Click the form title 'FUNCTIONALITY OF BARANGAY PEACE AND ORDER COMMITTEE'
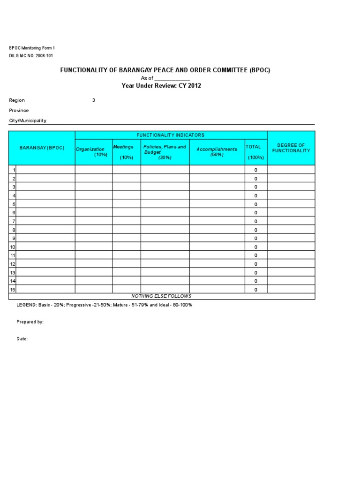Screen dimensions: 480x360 [165, 70]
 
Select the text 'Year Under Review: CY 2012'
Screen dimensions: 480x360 [161, 86]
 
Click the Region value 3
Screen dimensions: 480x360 [94, 100]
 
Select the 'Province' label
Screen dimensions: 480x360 [19, 111]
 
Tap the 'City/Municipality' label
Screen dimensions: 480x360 [28, 121]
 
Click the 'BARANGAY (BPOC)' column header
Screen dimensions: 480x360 [42, 148]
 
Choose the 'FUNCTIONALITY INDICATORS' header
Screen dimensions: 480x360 [171, 135]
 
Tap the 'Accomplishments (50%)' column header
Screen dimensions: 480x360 [217, 152]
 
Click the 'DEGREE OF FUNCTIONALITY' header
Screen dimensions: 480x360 [291, 148]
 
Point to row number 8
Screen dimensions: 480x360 [14, 230]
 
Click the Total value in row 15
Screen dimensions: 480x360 [255, 290]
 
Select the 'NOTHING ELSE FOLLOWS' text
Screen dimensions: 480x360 [161, 296]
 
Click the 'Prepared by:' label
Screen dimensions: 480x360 [30, 322]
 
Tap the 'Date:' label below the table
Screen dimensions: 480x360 [22, 339]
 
